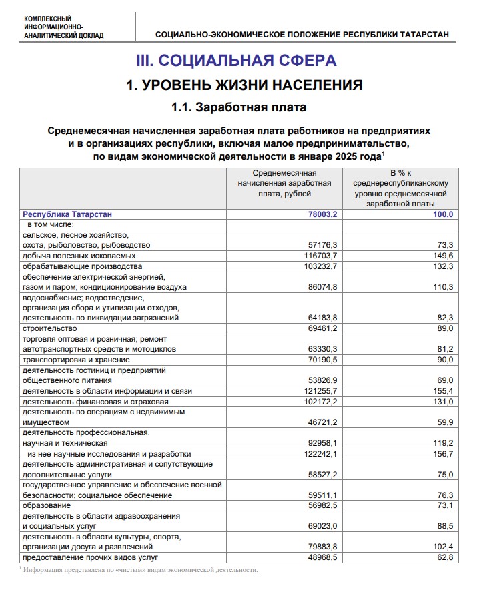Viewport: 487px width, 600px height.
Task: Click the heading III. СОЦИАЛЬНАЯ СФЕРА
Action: [236, 61]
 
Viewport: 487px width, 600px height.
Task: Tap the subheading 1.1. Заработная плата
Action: [239, 107]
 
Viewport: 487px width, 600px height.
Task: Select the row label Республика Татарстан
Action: [67, 214]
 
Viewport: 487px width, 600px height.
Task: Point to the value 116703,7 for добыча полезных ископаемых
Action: [320, 256]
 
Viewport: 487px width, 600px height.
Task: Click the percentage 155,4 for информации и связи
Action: [442, 390]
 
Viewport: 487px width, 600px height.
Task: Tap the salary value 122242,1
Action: [320, 453]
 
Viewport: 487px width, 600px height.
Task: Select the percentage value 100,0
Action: [442, 214]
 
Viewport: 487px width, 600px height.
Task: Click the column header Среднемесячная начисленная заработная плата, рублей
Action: [284, 183]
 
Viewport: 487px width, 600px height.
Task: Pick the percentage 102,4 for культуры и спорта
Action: [442, 547]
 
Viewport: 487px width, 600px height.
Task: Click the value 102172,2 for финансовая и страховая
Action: [320, 401]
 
